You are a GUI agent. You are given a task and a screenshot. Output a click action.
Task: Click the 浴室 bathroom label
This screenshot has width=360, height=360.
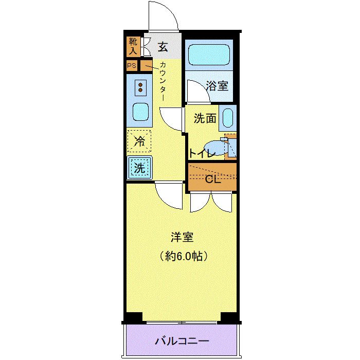tap(217, 86)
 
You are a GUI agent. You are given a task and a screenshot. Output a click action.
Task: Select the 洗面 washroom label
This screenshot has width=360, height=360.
tap(204, 118)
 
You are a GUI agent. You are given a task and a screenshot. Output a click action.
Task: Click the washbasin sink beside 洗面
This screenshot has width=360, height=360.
tap(228, 118)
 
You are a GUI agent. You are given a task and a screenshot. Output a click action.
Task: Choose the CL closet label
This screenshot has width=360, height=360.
tap(212, 179)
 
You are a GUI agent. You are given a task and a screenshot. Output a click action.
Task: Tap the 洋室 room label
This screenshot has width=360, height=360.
tap(182, 238)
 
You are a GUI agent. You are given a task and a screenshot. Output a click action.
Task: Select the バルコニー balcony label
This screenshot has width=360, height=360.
tap(182, 341)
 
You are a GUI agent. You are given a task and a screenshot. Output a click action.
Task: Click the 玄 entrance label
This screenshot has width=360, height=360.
tap(163, 48)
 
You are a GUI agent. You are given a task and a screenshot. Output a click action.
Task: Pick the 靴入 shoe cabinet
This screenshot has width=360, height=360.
tap(133, 47)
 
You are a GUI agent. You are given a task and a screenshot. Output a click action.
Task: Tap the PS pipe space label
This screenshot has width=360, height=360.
tap(132, 66)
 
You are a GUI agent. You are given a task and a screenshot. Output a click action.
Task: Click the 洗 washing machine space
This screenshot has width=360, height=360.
tap(139, 167)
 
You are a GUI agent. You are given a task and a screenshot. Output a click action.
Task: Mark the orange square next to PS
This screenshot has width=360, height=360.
tap(147, 66)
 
